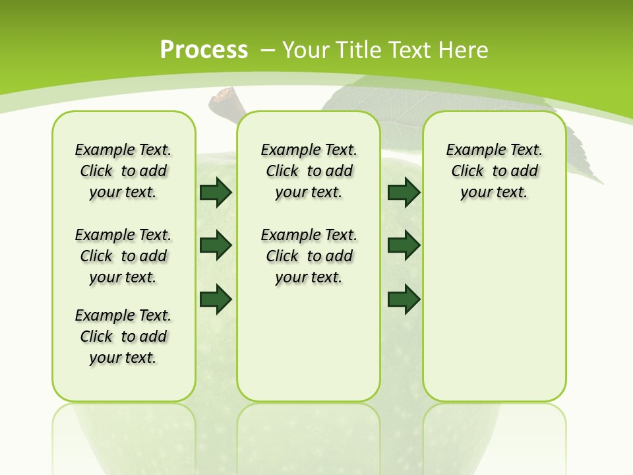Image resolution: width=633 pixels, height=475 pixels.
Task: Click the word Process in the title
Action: click(x=204, y=49)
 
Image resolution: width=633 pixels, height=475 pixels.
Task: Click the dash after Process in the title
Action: click(x=268, y=50)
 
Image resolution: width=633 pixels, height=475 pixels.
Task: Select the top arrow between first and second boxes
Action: click(x=216, y=192)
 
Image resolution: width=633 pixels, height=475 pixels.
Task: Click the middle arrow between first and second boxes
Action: click(x=216, y=245)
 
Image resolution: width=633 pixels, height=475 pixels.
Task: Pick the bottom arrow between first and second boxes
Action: click(x=216, y=299)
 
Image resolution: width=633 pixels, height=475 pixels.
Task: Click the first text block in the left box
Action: click(x=123, y=171)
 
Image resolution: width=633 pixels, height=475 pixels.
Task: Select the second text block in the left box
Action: click(x=123, y=256)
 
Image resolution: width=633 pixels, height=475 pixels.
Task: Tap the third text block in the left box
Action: click(x=123, y=336)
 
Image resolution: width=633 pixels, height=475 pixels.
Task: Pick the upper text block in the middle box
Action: click(x=309, y=171)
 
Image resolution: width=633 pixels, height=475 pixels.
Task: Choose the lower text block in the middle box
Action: click(x=309, y=256)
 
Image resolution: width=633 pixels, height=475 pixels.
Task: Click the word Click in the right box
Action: click(x=467, y=171)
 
